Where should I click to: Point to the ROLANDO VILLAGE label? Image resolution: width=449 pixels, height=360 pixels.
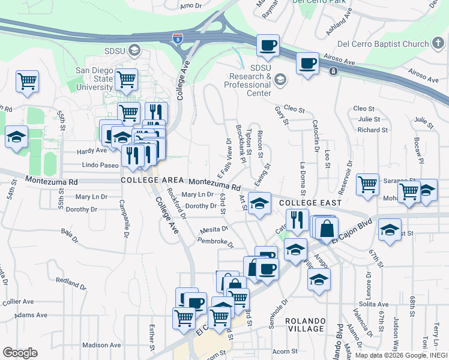click(305, 325)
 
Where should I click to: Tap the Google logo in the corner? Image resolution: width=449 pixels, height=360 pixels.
click(20, 352)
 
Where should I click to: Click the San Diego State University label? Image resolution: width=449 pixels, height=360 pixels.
click(94, 79)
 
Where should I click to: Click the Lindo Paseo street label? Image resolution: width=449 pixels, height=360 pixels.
click(100, 165)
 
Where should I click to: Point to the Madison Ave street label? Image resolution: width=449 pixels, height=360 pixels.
click(101, 345)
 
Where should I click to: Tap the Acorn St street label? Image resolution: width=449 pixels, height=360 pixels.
click(285, 351)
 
